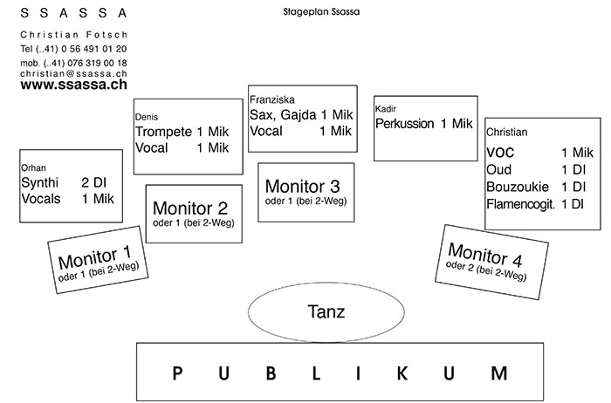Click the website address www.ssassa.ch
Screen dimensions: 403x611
point(74,87)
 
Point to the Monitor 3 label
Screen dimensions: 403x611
point(302,186)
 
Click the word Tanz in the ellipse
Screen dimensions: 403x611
point(326,311)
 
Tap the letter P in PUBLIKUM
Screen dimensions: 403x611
point(177,373)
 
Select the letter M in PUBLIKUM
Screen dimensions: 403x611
point(498,373)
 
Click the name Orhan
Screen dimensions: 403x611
point(32,167)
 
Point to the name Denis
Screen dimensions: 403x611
point(147,116)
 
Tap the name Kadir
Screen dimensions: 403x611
point(386,108)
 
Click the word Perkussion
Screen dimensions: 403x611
point(404,124)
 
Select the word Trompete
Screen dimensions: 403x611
point(162,131)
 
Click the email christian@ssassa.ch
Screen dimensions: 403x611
point(72,75)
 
